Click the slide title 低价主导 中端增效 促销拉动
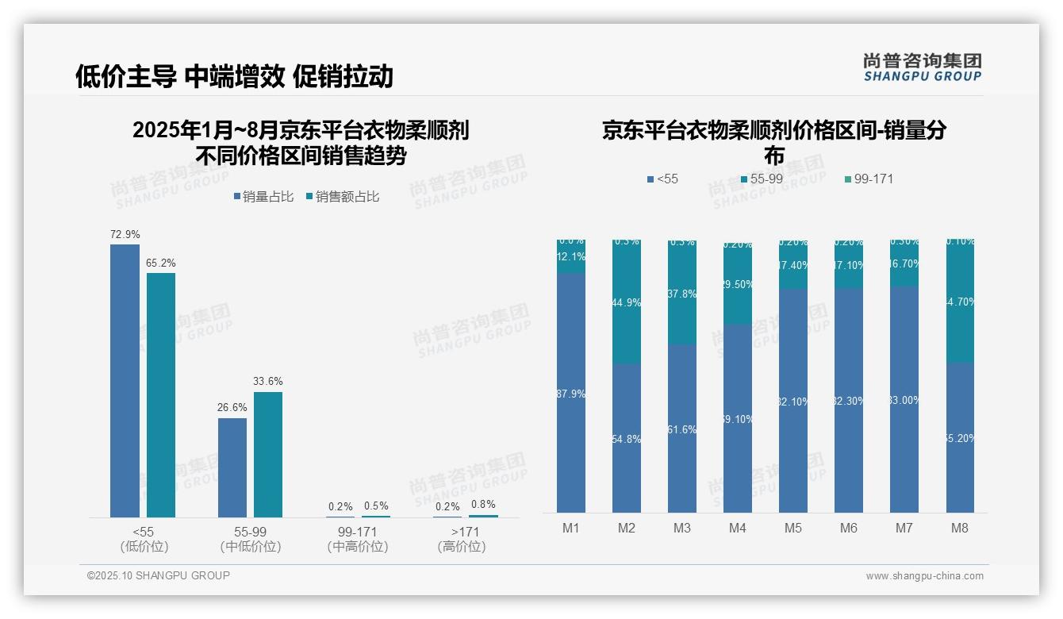point(234,76)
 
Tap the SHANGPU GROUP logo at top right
point(922,67)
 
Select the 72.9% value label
point(125,235)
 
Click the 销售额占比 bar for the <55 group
point(161,395)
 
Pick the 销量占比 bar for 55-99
point(232,467)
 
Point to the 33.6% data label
point(268,382)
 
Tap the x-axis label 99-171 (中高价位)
point(358,539)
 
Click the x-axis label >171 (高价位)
point(461,539)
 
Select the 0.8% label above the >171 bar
point(483,504)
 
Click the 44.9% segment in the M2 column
point(627,303)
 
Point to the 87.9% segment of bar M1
point(571,394)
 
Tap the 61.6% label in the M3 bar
point(682,429)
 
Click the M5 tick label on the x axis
point(793,528)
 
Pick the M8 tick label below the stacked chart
point(960,528)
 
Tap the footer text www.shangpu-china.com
point(924,576)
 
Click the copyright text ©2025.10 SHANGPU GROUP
point(159,575)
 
